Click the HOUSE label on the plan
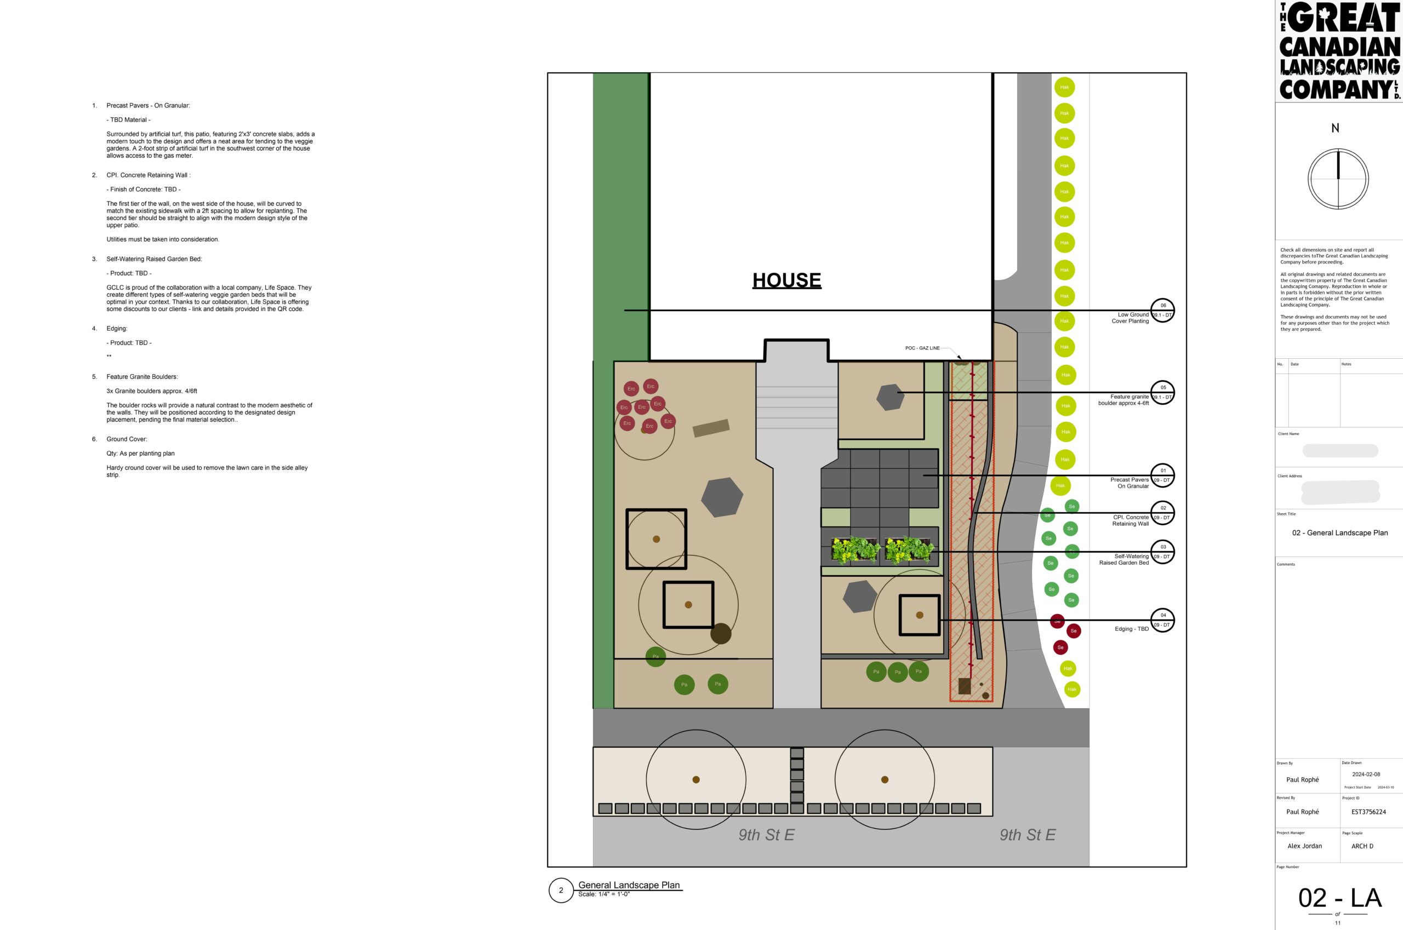(786, 280)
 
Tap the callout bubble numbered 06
(1162, 310)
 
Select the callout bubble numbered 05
(1162, 392)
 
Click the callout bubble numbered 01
(1162, 475)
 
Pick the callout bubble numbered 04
(1162, 620)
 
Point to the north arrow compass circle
(1338, 179)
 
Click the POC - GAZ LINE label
(922, 348)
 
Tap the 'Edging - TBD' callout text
(1131, 629)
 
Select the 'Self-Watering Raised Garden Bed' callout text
(1123, 559)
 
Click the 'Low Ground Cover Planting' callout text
(1130, 318)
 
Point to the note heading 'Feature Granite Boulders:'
(142, 377)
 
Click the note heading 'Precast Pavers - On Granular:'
(148, 106)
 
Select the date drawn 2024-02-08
(1366, 774)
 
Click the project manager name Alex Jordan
(1304, 846)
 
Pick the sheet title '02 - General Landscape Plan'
(1339, 532)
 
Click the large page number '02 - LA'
(1339, 898)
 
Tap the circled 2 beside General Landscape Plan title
(561, 890)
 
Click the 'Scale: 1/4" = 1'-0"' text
(603, 894)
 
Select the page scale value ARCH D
(1362, 846)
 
